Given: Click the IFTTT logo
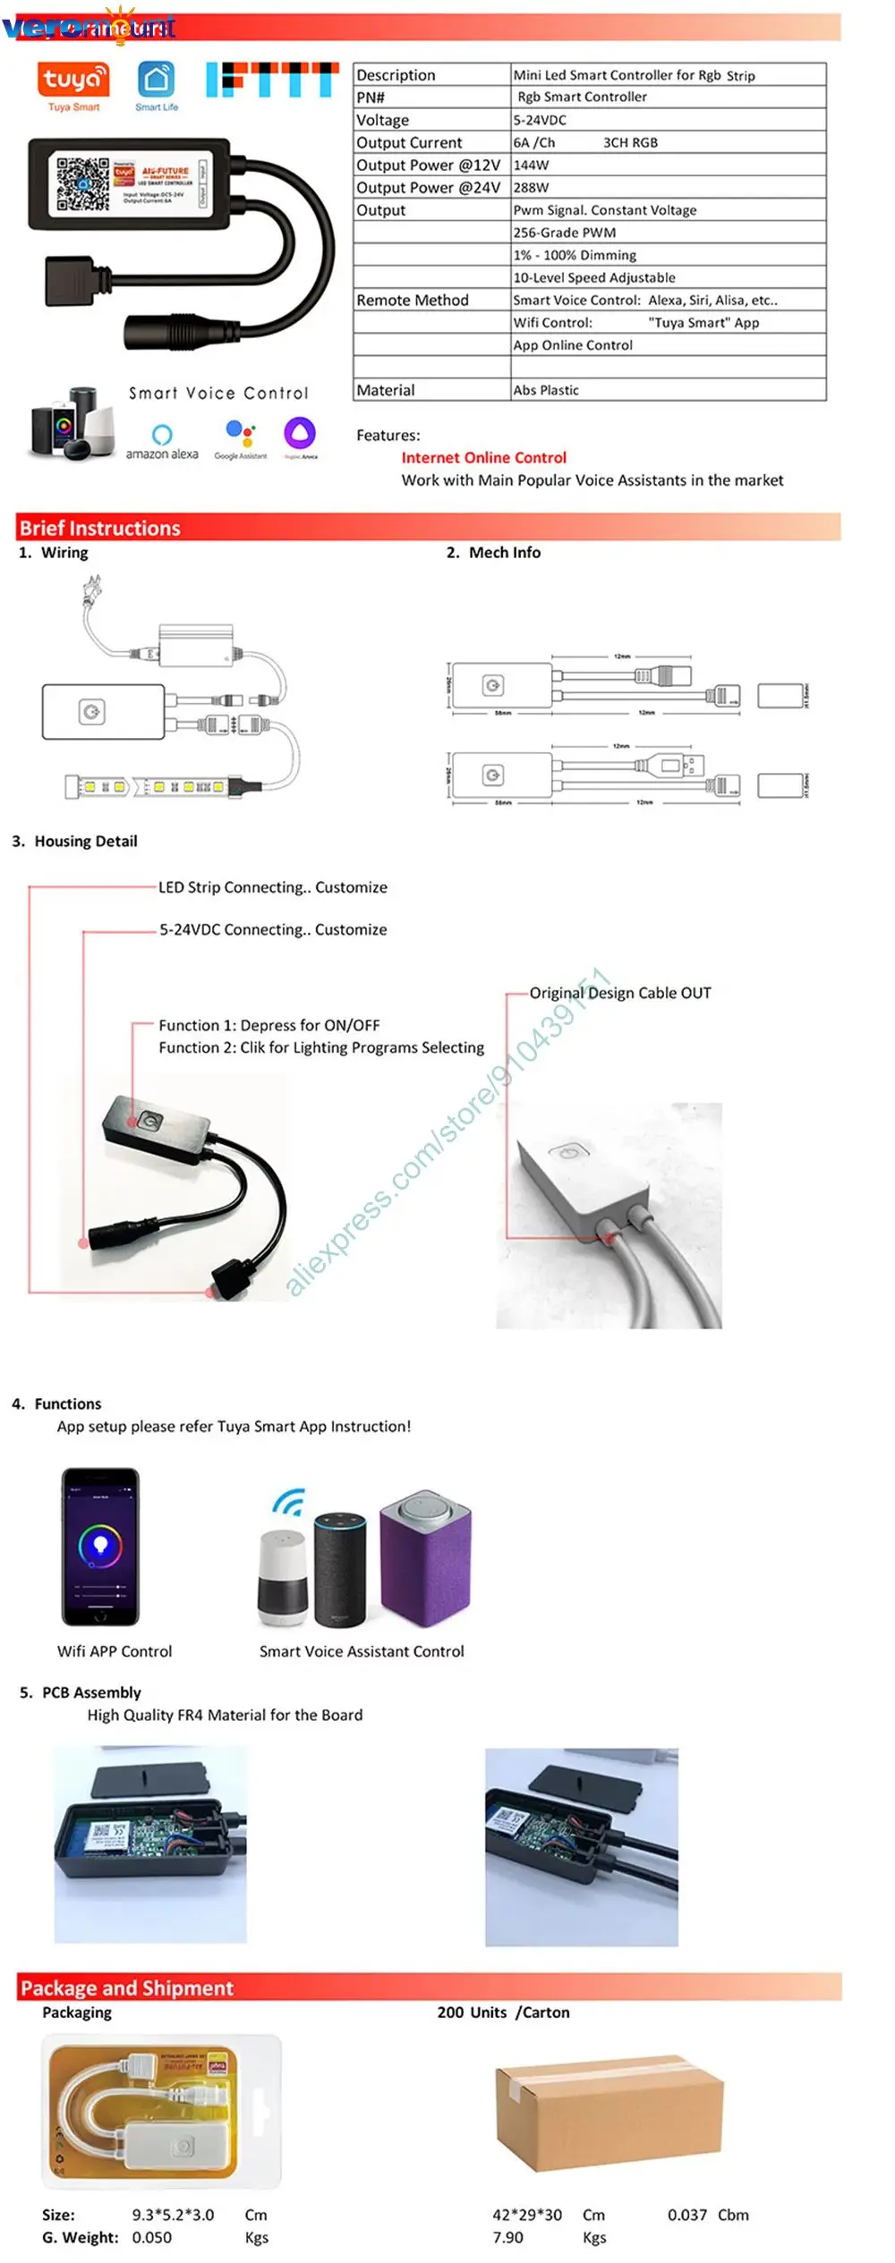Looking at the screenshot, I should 272,80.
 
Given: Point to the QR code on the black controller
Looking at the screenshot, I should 82,183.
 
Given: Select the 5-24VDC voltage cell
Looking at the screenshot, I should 540,120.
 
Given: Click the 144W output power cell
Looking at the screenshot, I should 532,165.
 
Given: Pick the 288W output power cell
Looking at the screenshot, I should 532,188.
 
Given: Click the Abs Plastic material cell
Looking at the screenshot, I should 546,390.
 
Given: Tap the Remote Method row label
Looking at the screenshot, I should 413,301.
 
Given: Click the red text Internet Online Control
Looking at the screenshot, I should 483,458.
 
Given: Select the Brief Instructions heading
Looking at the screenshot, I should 100,528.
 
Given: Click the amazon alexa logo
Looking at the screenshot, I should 162,441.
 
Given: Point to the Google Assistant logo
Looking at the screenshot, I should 240,439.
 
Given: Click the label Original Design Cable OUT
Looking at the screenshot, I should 620,993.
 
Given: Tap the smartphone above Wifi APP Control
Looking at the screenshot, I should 100,1547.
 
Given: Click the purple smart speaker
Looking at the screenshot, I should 425,1557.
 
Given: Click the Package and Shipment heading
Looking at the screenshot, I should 127,1988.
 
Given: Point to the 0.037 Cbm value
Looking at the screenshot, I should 708,2215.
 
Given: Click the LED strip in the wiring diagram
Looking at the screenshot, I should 148,787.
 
